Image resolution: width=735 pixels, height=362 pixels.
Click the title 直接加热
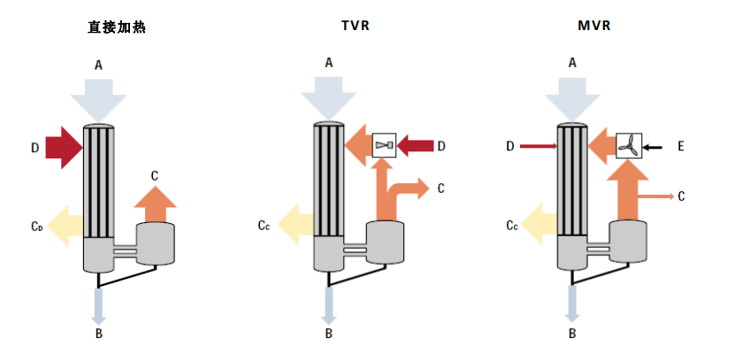coord(111,27)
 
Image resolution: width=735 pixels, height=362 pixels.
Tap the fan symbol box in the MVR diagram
coord(629,144)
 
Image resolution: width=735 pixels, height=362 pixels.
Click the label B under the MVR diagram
coord(571,334)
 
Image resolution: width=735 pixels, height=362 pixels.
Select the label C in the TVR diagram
coord(440,188)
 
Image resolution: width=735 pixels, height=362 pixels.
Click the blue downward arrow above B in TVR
coord(329,304)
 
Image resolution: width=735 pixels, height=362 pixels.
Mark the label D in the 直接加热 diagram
coord(34,148)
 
